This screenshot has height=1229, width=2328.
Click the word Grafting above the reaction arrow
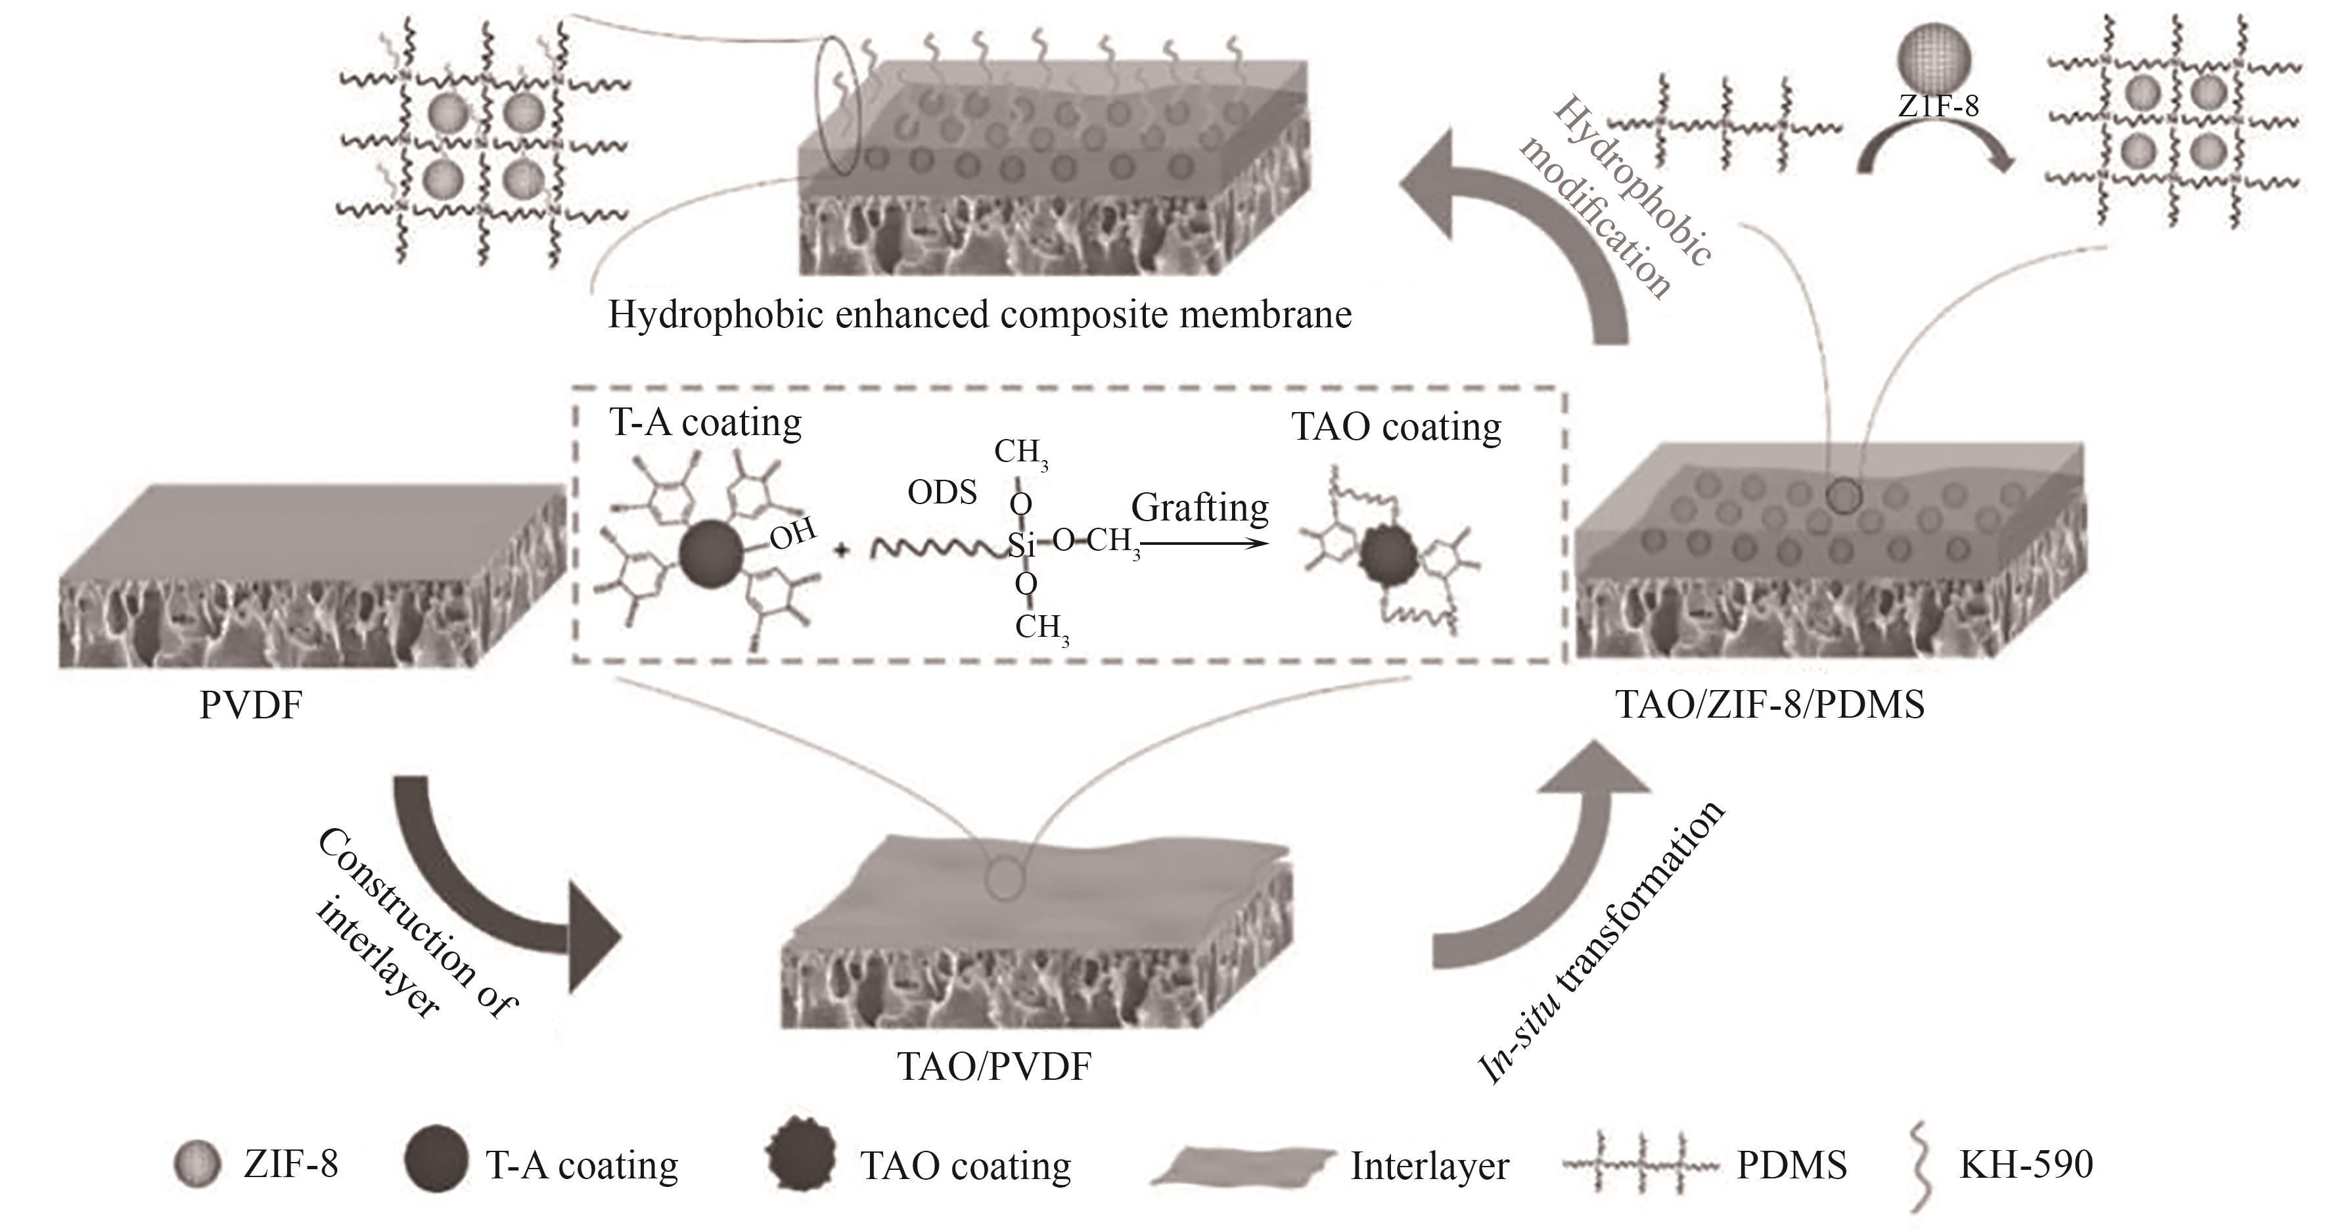tap(1199, 508)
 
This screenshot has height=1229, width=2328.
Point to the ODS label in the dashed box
tap(942, 492)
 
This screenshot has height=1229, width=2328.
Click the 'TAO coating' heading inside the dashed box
tap(1396, 427)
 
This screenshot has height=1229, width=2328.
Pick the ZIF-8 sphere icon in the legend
tap(197, 1165)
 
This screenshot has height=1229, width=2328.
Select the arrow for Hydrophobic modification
tap(1527, 226)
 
